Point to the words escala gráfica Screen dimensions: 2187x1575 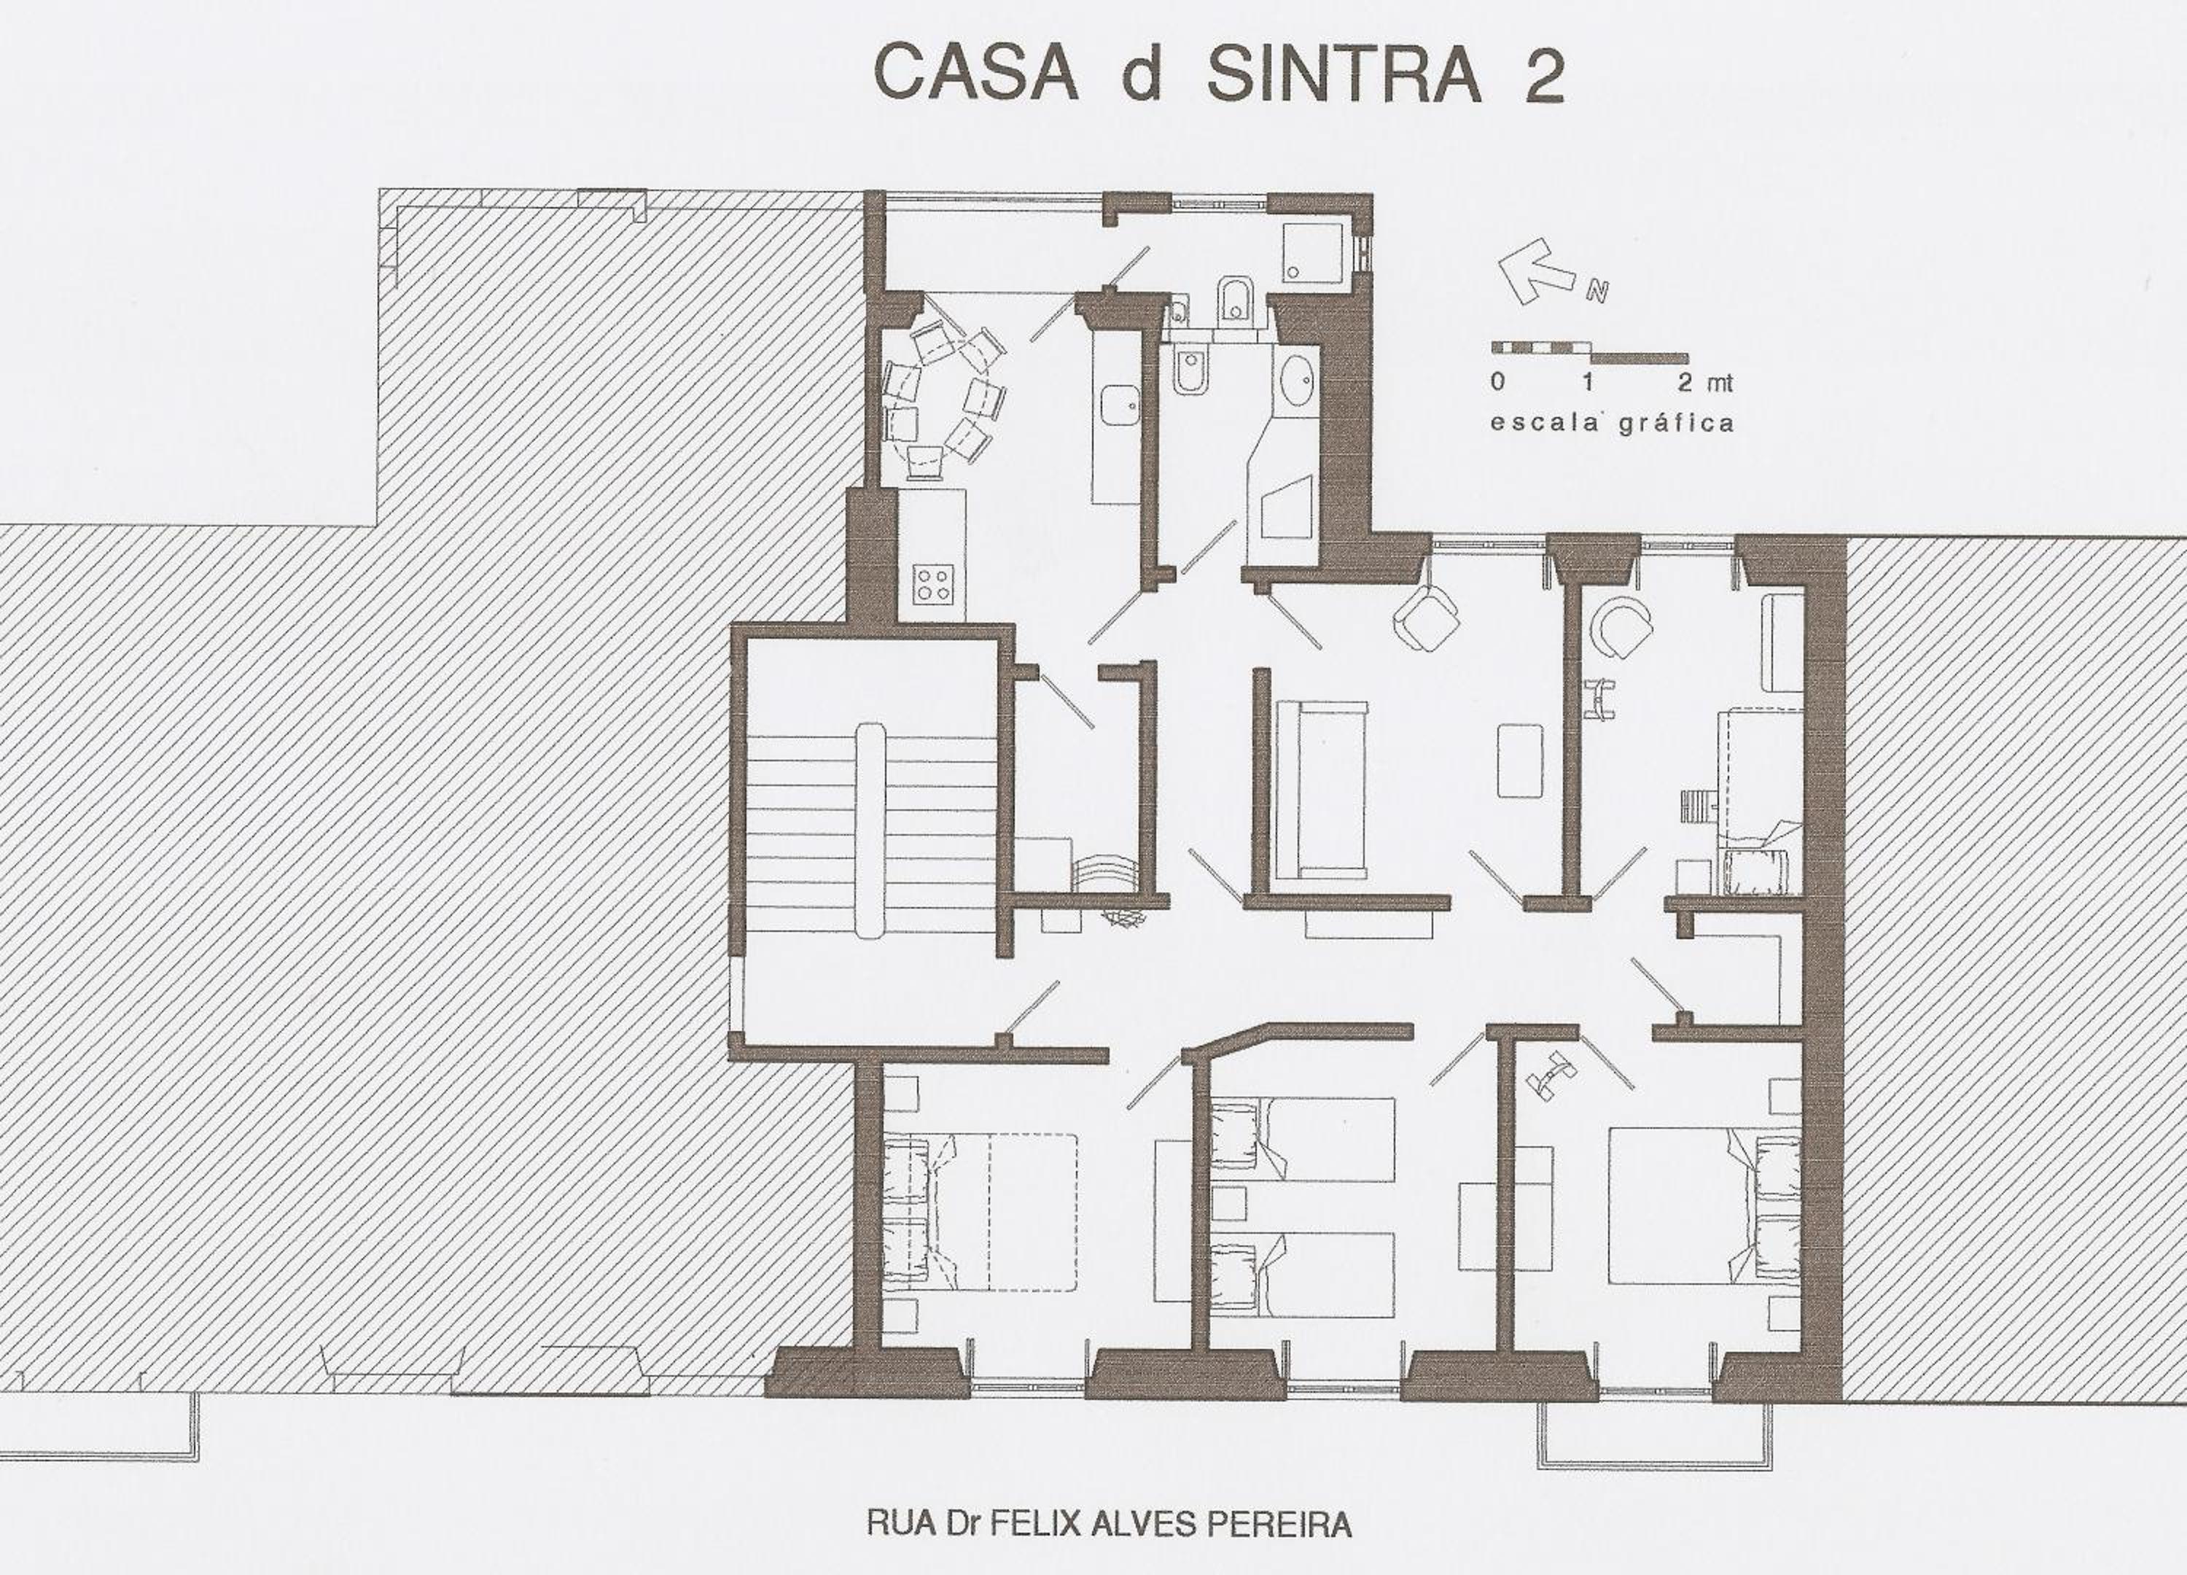tap(1611, 422)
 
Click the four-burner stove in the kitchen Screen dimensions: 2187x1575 tap(932, 583)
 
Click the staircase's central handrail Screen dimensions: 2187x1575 tap(870, 830)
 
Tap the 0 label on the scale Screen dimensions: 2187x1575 tap(1497, 382)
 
